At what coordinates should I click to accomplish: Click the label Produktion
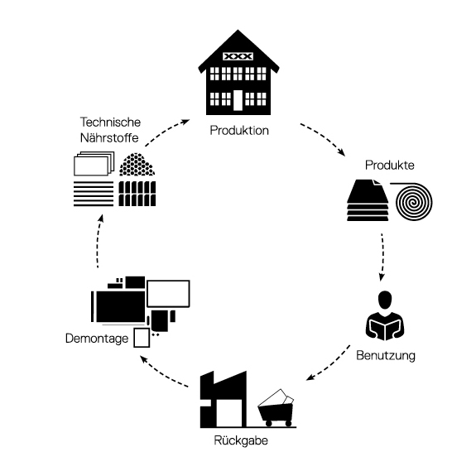tap(239, 131)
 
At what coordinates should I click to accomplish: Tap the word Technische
tap(110, 122)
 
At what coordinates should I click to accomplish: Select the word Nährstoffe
tap(109, 137)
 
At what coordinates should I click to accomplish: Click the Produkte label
tap(390, 165)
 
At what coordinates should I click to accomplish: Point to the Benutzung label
tap(386, 355)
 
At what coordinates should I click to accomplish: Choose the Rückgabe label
tap(241, 440)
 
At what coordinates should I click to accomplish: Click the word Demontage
tap(97, 339)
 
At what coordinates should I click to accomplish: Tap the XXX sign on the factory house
tap(238, 56)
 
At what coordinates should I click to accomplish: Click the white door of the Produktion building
tap(238, 100)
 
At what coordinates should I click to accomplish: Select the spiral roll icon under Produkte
tap(413, 201)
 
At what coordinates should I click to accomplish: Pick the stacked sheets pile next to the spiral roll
tap(368, 200)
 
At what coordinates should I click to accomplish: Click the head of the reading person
tap(385, 300)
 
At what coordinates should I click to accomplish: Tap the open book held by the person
tap(385, 329)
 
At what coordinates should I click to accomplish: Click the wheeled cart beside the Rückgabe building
tap(276, 408)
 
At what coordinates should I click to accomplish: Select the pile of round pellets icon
tap(137, 164)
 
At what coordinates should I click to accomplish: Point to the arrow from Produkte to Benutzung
tap(382, 257)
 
